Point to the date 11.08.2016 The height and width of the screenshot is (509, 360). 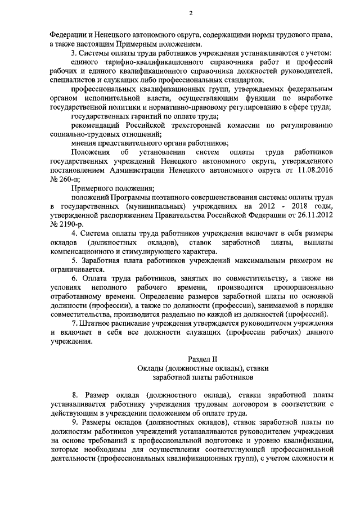[x=314, y=169]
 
